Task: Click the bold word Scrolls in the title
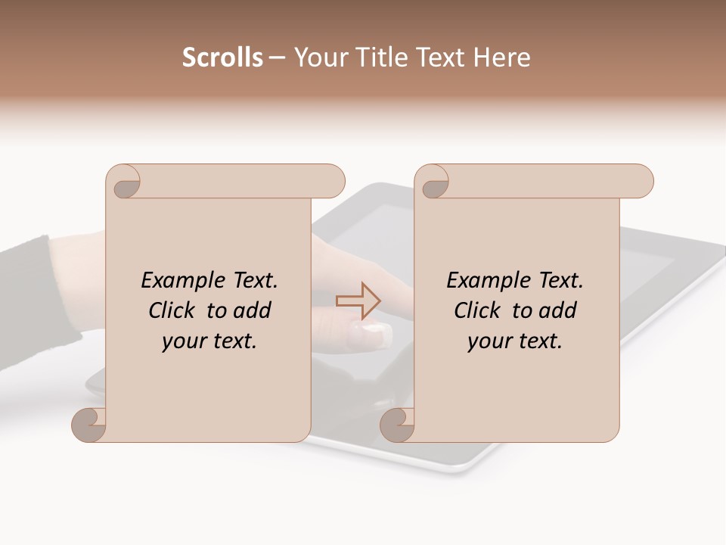point(222,58)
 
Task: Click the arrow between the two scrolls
point(358,301)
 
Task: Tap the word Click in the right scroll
point(478,310)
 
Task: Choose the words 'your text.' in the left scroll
point(209,341)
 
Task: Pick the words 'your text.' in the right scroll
point(515,341)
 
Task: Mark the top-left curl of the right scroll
point(433,182)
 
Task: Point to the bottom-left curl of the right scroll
point(397,425)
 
